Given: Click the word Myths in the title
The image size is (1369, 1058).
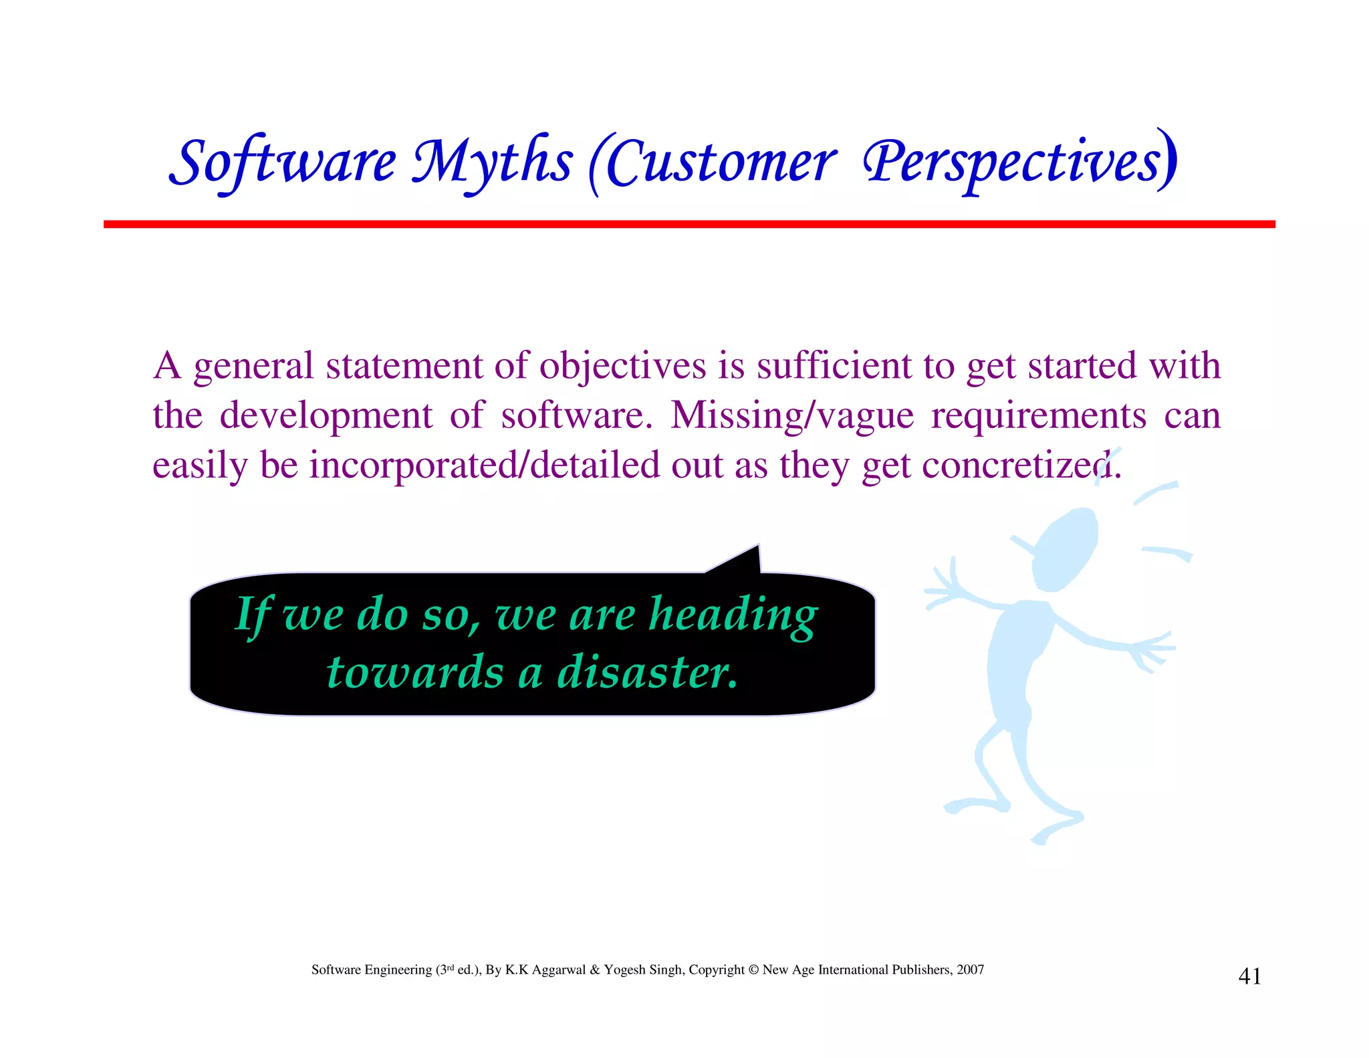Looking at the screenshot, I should click(491, 163).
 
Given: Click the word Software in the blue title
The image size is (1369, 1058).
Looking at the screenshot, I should click(283, 163).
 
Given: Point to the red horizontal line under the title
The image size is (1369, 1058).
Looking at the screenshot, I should click(689, 224).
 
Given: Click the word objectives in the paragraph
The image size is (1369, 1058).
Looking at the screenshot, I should click(622, 366).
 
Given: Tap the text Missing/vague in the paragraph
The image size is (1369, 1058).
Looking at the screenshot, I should click(792, 415).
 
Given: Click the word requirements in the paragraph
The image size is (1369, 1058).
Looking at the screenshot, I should click(1039, 415).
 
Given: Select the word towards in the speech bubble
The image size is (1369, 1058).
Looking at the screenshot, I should click(415, 671).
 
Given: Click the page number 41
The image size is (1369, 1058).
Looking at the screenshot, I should click(1249, 976).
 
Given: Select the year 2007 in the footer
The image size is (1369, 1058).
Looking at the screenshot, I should click(970, 970).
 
